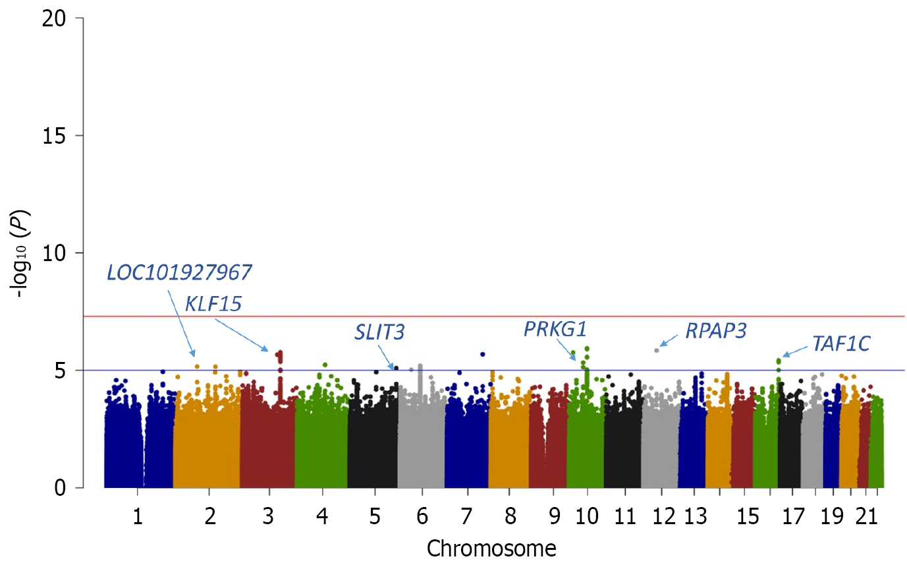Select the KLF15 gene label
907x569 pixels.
(213, 304)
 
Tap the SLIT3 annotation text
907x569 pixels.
(379, 332)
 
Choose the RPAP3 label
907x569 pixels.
(716, 330)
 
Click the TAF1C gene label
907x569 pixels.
(841, 344)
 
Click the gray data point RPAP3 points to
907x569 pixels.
(657, 350)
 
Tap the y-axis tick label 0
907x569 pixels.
(61, 488)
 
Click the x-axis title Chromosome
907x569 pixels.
(491, 548)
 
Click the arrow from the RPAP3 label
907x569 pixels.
(669, 340)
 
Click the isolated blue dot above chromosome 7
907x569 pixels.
(483, 354)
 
